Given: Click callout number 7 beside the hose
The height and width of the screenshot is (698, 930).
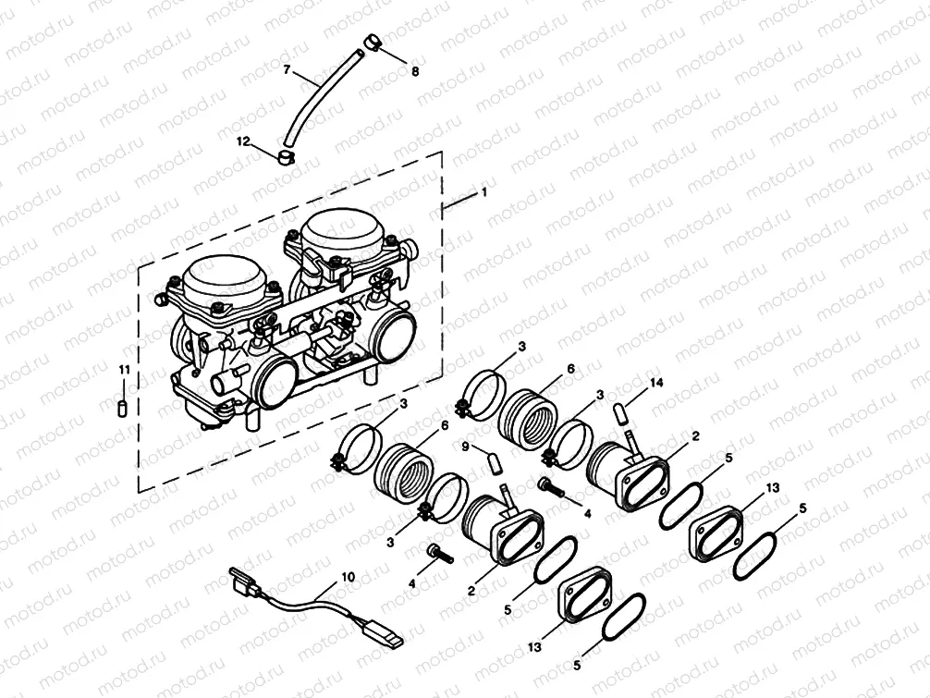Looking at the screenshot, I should (x=287, y=69).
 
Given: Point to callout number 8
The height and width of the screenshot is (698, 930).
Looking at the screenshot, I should (x=413, y=70).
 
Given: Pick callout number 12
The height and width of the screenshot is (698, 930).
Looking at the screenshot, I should (x=243, y=141).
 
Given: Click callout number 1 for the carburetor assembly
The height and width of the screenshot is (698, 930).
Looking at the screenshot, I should (x=482, y=192).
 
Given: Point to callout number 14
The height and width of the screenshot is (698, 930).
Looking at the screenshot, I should (x=657, y=381).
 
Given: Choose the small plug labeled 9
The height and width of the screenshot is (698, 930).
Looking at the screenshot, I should (x=494, y=459).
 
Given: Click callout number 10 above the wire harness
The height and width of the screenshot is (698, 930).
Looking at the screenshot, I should (x=348, y=576).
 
